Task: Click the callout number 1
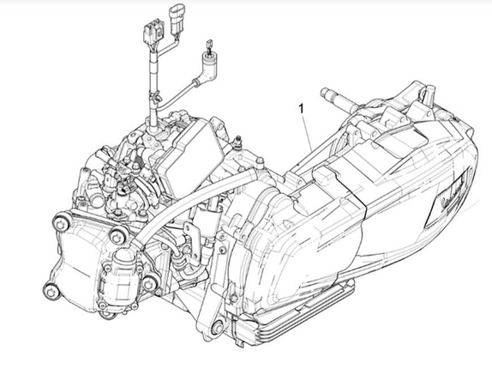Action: point(301,109)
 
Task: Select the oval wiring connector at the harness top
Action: point(176,20)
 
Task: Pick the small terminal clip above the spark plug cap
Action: point(209,45)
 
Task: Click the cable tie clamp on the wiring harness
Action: point(154,96)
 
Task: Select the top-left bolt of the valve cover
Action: point(61,222)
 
